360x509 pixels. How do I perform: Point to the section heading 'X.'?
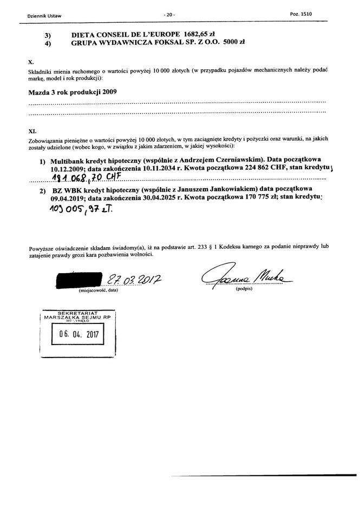tap(30, 63)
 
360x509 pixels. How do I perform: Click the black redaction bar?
tap(80, 280)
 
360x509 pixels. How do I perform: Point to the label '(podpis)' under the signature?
tap(244, 290)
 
